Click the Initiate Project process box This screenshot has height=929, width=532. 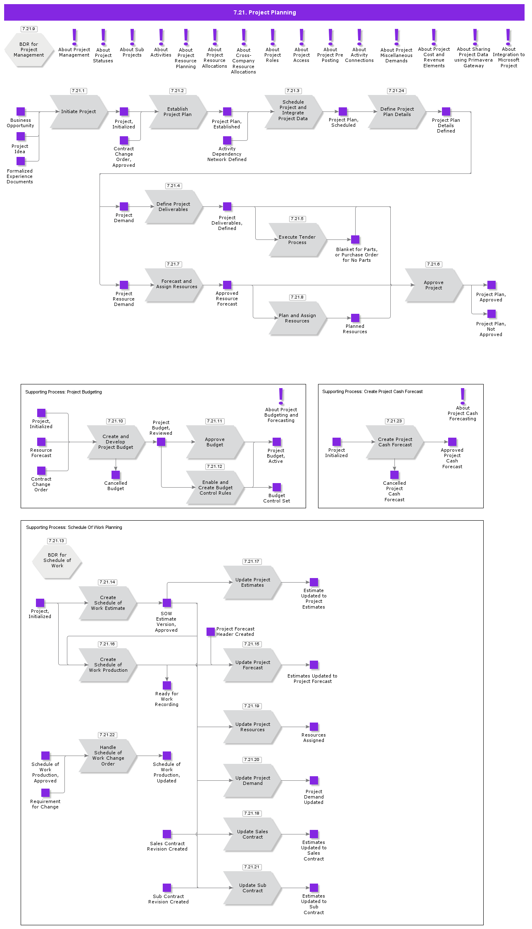coord(78,111)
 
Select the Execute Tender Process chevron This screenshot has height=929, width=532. coord(297,239)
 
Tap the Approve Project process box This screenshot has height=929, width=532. coord(433,285)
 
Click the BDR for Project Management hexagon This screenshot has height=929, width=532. coord(29,50)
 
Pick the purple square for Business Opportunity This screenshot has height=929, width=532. coord(21,111)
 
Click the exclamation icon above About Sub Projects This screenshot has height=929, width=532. coord(132,37)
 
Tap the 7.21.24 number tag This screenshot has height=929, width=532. coord(396,91)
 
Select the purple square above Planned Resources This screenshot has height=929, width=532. coord(355,318)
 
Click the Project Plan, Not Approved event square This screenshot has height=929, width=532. coord(492,314)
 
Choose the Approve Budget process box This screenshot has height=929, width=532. coord(214,442)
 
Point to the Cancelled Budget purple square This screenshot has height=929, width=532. coord(116,475)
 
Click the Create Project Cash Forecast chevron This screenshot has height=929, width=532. coord(394,442)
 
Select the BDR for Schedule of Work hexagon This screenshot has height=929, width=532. coord(57,560)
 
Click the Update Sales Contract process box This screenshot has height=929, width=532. coord(252,834)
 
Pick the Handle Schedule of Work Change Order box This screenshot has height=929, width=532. coord(107,756)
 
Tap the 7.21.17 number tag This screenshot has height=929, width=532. coord(252,562)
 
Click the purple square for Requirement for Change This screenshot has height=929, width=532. coord(45,793)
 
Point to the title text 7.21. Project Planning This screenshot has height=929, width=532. coord(264,12)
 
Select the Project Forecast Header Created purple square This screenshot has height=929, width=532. coord(211,632)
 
